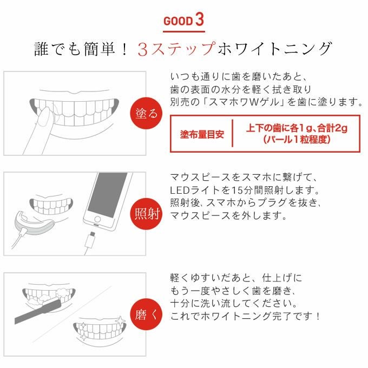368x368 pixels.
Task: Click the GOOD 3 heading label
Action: click(x=183, y=21)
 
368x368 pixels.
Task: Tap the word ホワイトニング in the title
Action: click(x=273, y=50)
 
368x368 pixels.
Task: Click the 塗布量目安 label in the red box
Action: click(x=201, y=134)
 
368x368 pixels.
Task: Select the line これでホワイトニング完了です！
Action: click(x=246, y=316)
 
